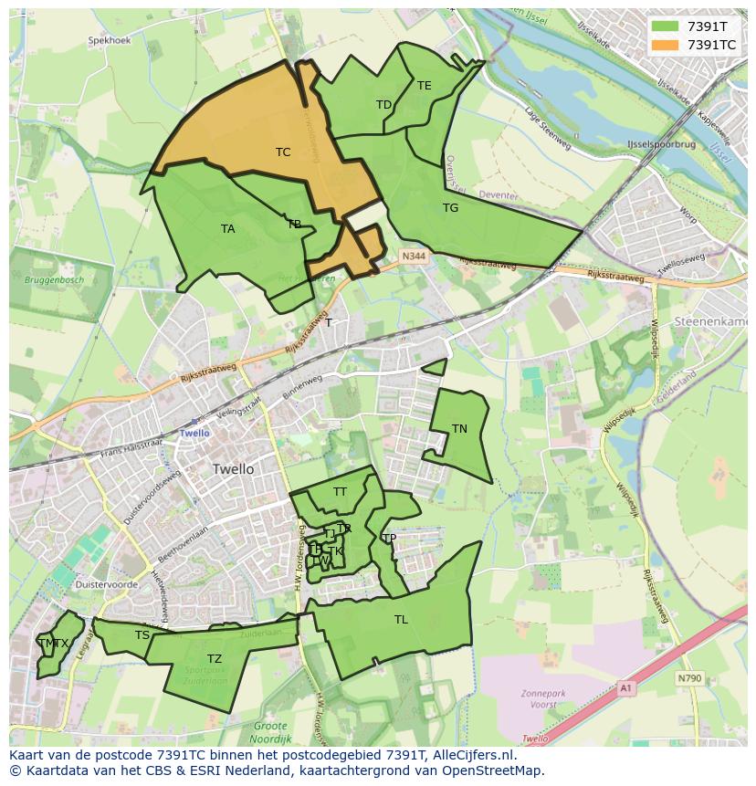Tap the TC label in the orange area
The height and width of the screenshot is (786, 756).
point(283,152)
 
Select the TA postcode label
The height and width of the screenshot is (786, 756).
point(228,229)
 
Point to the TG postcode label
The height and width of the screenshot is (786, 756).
point(450,208)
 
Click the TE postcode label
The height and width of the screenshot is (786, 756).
point(425,86)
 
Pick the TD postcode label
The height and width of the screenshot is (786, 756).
point(383,105)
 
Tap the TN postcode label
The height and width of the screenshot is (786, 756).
point(459,429)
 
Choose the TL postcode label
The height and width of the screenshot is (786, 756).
point(401,620)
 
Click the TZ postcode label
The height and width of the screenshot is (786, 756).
point(215,659)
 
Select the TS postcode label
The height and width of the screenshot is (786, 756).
point(142,635)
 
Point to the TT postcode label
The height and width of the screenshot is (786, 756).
point(340,492)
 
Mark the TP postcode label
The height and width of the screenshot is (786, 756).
point(389,539)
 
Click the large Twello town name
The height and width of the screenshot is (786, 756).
point(233,469)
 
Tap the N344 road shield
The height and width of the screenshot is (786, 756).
point(413,257)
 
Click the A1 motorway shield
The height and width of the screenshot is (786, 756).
point(625,687)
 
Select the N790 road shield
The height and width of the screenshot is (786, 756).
point(689,678)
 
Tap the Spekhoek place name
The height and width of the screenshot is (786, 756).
point(109,41)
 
